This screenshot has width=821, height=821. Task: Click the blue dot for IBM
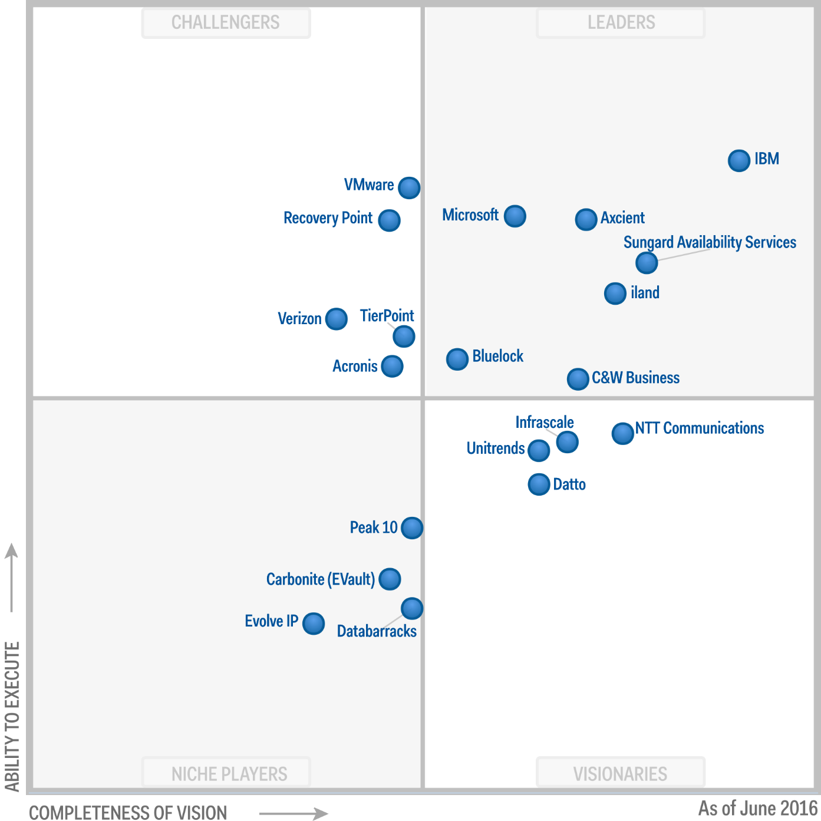(738, 160)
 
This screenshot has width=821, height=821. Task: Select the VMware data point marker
(409, 188)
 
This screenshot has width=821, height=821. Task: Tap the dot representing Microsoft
(515, 216)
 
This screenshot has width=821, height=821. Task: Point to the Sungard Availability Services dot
(647, 263)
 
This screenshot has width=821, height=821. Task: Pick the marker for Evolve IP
(314, 624)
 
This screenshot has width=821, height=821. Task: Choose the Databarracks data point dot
(412, 609)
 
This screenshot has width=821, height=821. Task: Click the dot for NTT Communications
(622, 434)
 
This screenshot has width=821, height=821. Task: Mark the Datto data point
(539, 484)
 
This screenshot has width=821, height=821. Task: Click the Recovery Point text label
(328, 218)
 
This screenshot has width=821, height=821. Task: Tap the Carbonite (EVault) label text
(320, 579)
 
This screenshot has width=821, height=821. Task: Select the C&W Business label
(635, 378)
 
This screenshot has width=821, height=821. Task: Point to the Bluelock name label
(497, 356)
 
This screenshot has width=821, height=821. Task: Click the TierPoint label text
(387, 316)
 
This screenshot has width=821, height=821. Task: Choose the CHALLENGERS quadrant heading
(226, 22)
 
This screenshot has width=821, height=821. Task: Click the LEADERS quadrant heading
(621, 22)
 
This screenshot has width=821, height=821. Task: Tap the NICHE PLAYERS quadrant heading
(229, 774)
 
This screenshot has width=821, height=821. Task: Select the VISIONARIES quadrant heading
(620, 774)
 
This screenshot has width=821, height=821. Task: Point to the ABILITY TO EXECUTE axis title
(12, 716)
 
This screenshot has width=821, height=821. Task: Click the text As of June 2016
(758, 808)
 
